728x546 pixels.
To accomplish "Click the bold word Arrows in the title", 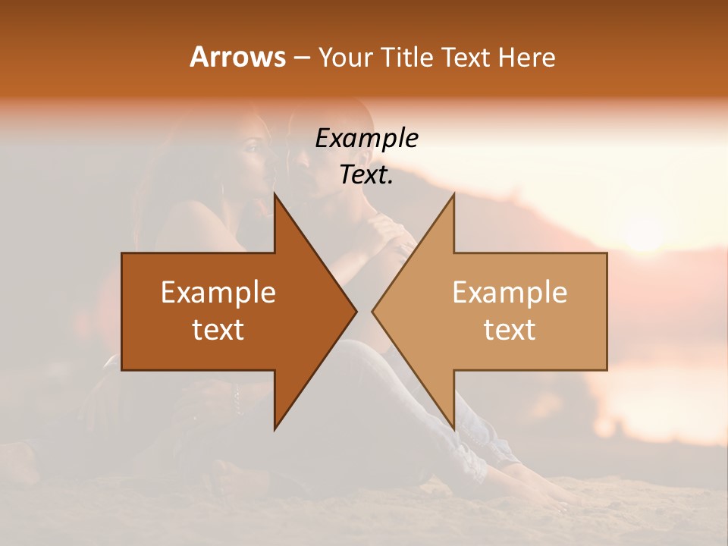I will (x=238, y=57).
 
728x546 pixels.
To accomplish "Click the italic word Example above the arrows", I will (x=367, y=139).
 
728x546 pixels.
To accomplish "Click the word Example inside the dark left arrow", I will (x=218, y=293).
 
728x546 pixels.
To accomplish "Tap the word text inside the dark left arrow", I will (x=218, y=329).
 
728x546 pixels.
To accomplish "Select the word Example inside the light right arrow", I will (x=510, y=293).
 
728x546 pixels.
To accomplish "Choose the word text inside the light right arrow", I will (x=510, y=329).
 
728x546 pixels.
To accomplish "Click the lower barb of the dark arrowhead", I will (x=275, y=426).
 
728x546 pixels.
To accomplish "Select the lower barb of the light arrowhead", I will (x=453, y=426).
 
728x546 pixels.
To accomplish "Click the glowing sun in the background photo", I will (x=645, y=231).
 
